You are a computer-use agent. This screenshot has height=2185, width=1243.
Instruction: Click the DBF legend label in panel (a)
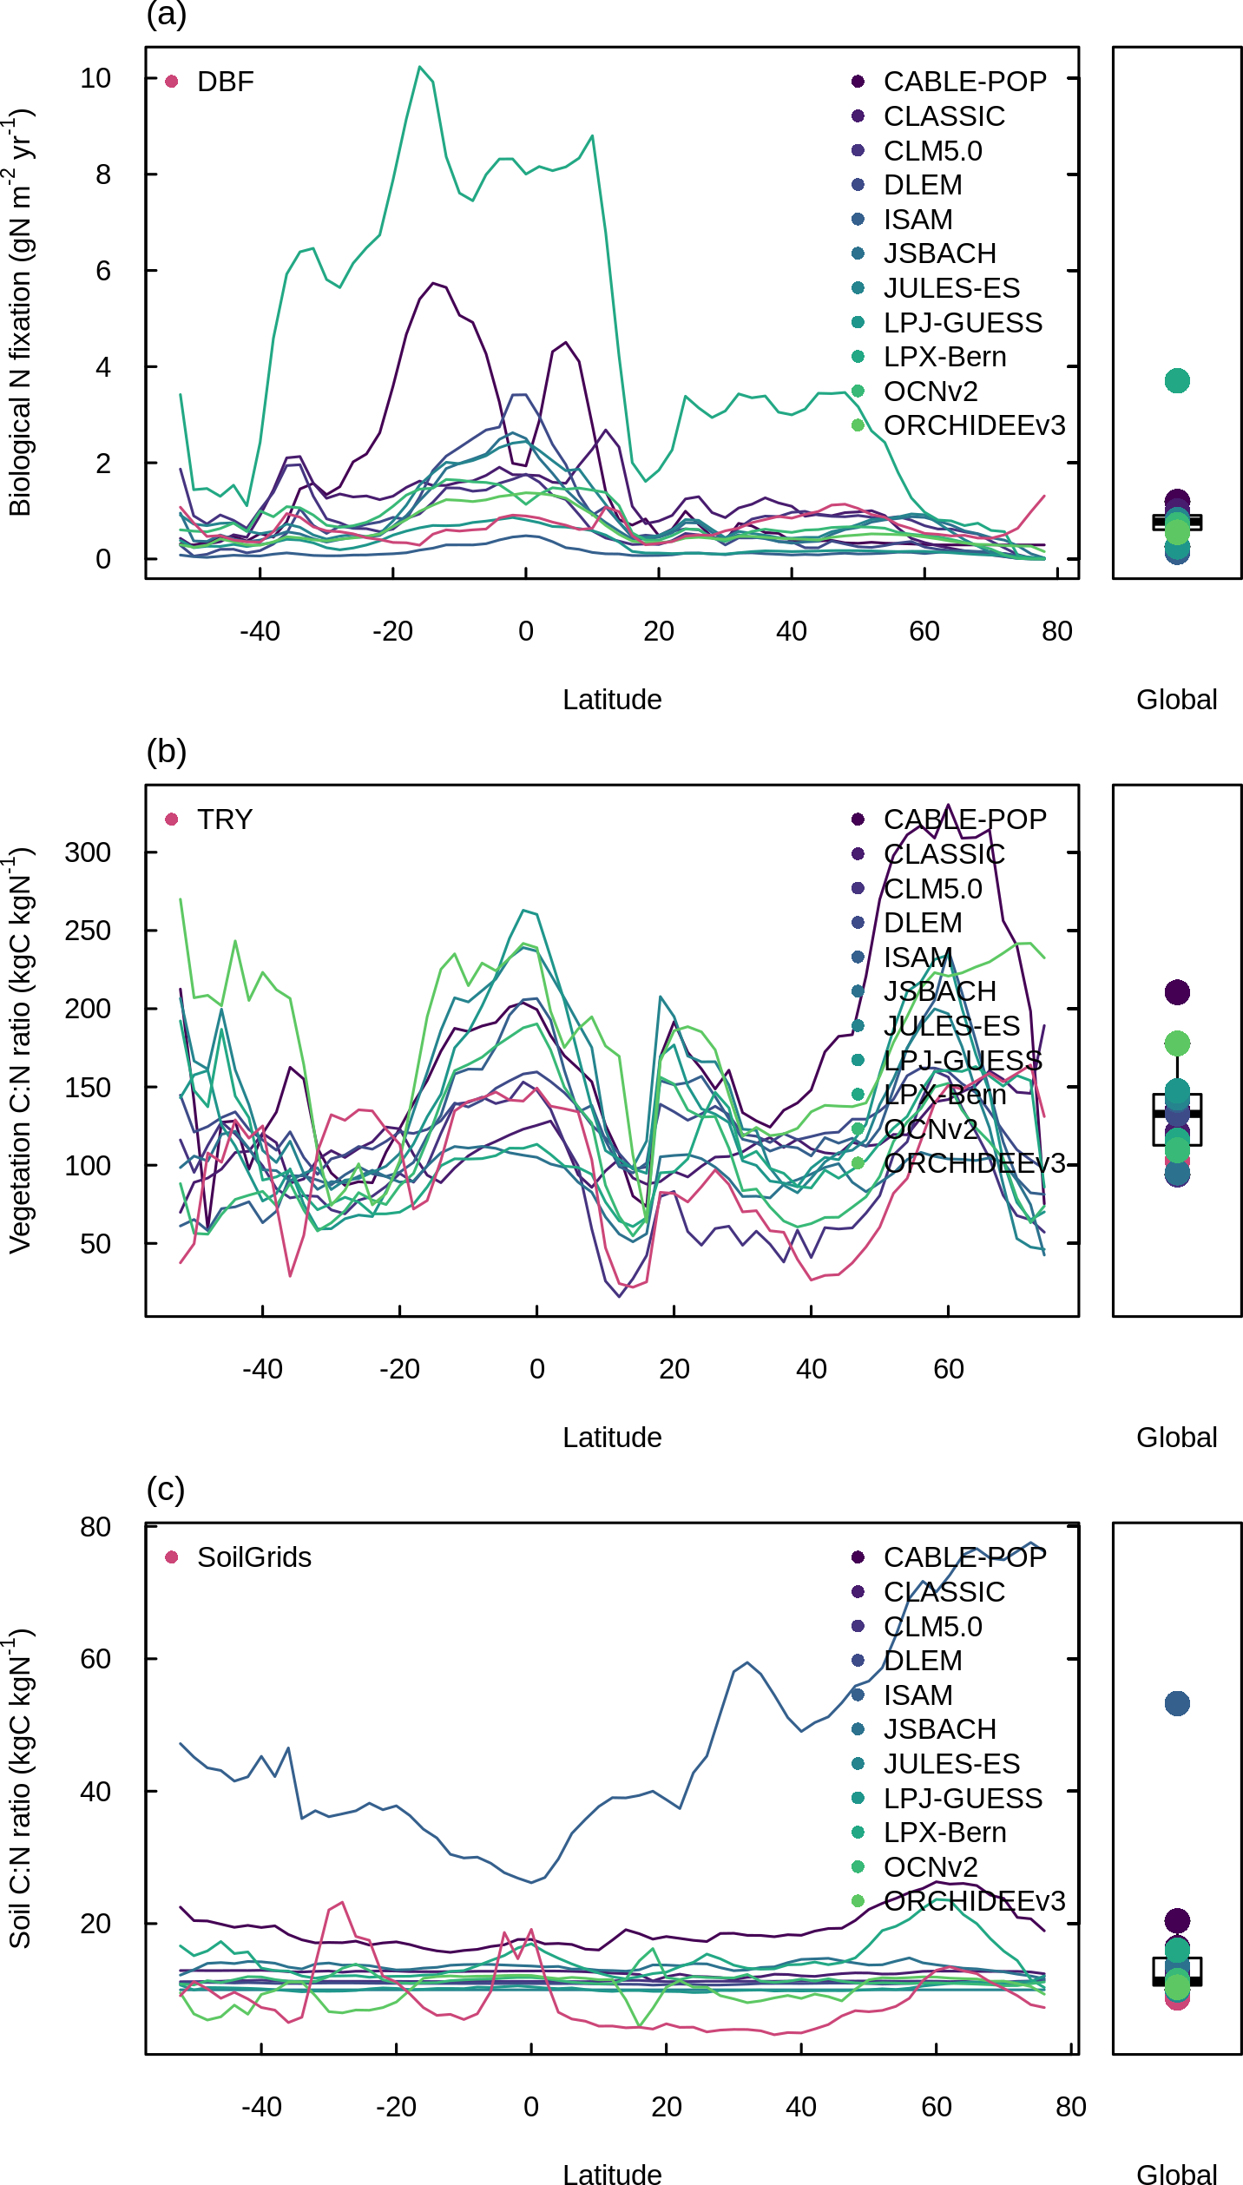coord(225,82)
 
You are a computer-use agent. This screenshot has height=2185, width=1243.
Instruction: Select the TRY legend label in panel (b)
coord(224,819)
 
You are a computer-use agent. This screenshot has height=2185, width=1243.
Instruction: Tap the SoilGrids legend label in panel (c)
coord(253,1557)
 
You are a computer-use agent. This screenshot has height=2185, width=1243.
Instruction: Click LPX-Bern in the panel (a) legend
coord(944,357)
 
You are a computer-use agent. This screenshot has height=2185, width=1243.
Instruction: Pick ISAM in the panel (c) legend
coord(917,1695)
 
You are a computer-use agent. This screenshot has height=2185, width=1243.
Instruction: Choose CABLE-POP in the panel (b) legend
coord(964,819)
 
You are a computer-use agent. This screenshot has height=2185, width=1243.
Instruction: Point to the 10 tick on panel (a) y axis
coord(95,78)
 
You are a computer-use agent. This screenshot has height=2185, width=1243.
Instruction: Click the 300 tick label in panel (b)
coord(88,852)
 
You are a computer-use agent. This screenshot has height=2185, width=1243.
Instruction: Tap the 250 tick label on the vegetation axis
coord(88,931)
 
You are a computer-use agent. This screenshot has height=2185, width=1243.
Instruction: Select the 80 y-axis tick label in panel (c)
coord(95,1527)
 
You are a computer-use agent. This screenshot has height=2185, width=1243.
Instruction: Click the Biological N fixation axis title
coord(21,313)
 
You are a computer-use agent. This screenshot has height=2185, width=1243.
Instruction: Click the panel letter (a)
coord(166,14)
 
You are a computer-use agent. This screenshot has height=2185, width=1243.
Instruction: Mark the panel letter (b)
coord(166,751)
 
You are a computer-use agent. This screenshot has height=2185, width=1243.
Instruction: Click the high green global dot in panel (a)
coord(1177,381)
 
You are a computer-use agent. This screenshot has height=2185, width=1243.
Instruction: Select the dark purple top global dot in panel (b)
coord(1177,992)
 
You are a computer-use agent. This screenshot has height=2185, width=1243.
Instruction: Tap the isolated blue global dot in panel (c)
coord(1177,1703)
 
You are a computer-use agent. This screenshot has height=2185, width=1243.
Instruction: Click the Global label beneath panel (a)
coord(1176,700)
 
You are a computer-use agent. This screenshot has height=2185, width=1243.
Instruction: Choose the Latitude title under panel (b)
coord(612,1438)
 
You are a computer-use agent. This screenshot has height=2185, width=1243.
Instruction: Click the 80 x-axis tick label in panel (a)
coord(1056,631)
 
